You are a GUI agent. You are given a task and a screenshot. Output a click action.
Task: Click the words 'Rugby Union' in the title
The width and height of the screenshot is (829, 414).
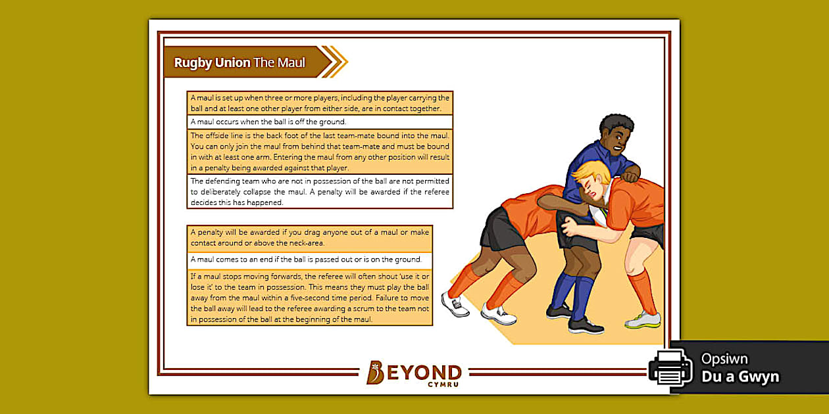tap(212, 63)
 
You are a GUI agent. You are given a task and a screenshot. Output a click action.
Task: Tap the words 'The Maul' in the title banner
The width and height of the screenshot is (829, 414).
tap(280, 63)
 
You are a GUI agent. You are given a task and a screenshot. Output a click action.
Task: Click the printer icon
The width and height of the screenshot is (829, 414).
tap(670, 367)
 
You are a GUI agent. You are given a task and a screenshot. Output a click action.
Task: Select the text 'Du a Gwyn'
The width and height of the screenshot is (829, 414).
tap(740, 377)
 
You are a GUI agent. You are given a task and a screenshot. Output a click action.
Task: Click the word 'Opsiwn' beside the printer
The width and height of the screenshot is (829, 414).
tap(724, 359)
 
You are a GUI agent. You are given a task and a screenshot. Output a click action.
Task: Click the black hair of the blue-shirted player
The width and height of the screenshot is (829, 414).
tap(616, 124)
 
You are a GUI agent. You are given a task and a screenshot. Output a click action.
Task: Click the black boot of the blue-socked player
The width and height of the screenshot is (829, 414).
tap(585, 325)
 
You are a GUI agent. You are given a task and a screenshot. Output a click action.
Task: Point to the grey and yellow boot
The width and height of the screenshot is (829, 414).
tap(643, 320)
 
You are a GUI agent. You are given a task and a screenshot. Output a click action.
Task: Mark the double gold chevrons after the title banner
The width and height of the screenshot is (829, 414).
tap(338, 62)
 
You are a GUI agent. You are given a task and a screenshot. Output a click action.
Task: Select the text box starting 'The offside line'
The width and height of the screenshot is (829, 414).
tap(320, 152)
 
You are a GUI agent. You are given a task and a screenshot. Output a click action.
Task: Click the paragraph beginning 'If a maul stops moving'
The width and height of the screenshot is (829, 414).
tap(309, 297)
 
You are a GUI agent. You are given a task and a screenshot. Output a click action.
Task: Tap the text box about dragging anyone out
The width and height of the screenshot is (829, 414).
tap(309, 238)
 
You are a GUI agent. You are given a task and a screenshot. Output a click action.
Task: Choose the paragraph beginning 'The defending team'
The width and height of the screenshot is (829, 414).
tap(320, 191)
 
